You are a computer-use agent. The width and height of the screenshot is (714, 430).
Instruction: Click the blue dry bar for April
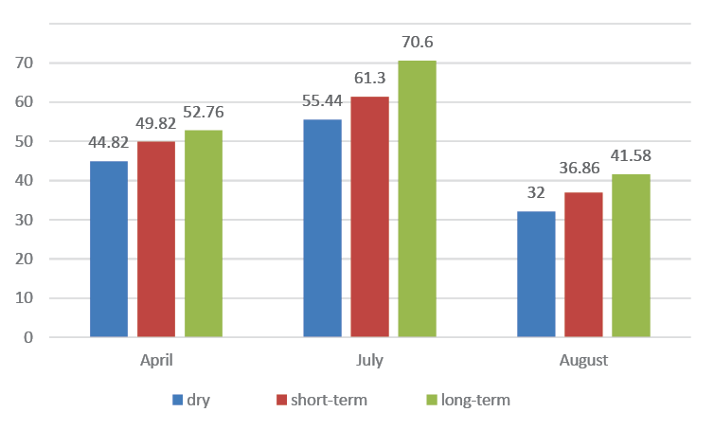point(109,249)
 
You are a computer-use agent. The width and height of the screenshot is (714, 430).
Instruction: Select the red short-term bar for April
point(156,239)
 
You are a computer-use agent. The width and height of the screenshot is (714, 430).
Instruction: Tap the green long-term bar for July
point(417,199)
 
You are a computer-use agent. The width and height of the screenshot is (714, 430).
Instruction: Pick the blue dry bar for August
point(536,275)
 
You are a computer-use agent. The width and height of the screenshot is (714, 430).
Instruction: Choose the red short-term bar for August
point(583,264)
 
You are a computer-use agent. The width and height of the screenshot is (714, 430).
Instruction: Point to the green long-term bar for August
point(631,256)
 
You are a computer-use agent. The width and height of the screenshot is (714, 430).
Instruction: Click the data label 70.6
point(417,42)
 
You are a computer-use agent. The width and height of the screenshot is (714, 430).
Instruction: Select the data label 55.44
point(322,100)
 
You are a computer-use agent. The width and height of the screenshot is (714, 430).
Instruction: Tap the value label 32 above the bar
point(536,192)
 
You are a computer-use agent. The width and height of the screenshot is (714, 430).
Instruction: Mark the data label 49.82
point(155,123)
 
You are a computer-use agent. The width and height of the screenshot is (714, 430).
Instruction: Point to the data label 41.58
point(631,155)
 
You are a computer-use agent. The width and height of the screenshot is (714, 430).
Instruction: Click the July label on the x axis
point(369,360)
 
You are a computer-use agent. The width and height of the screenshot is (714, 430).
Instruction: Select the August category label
point(583,360)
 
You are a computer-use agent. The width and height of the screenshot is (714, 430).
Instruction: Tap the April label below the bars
point(156,360)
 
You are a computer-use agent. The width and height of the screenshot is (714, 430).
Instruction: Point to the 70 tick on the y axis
point(24,63)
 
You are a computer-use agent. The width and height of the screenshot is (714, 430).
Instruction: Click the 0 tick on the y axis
point(28,337)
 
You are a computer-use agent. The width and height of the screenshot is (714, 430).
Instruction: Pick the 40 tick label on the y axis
point(24,180)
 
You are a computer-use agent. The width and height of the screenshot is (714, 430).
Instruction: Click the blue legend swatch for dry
point(178,400)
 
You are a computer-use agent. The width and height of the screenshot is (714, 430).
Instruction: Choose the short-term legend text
point(330,400)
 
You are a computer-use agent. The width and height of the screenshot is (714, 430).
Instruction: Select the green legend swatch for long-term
point(432,400)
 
